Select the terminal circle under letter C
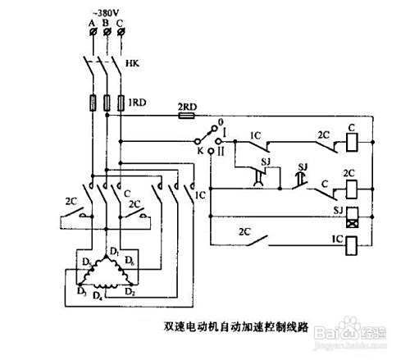click(x=121, y=32)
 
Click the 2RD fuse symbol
click(x=187, y=117)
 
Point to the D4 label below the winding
click(x=98, y=294)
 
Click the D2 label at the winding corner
click(x=128, y=290)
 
